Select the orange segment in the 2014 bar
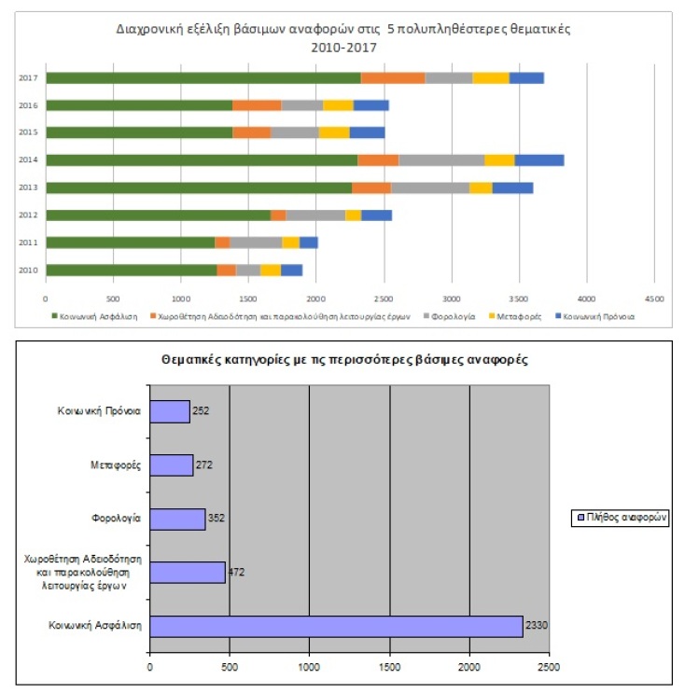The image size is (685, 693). (378, 159)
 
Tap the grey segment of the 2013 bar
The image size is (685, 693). (429, 187)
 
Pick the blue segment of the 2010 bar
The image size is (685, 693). (291, 270)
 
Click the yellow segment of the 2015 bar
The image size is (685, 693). (334, 132)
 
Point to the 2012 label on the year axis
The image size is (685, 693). (27, 215)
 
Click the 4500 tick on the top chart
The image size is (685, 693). (653, 298)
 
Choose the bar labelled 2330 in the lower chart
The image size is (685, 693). (336, 626)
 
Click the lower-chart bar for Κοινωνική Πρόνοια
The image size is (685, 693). (170, 411)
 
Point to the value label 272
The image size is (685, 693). (204, 464)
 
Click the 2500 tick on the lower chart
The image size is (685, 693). (550, 666)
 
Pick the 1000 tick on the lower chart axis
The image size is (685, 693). (309, 666)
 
